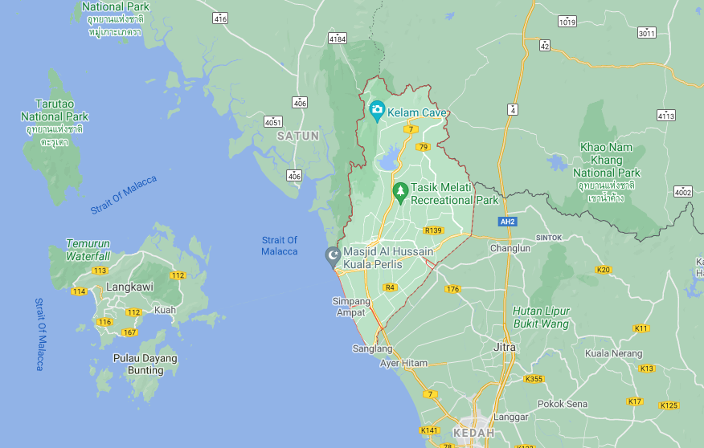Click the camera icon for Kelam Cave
pos(377,108)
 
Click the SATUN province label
pos(298,136)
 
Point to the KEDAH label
pos(474,433)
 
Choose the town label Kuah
pos(165,309)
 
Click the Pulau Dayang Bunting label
pos(145,365)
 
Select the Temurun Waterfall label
pos(88,250)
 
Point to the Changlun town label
pos(510,249)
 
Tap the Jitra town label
pos(505,348)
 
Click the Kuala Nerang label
pos(613,353)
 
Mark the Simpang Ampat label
pos(352,307)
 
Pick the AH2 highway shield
pos(507,222)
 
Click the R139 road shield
pos(433,230)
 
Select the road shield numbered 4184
pos(338,38)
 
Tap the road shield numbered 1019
pos(567,22)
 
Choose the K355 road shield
pos(533,379)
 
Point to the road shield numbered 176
pos(452,289)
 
